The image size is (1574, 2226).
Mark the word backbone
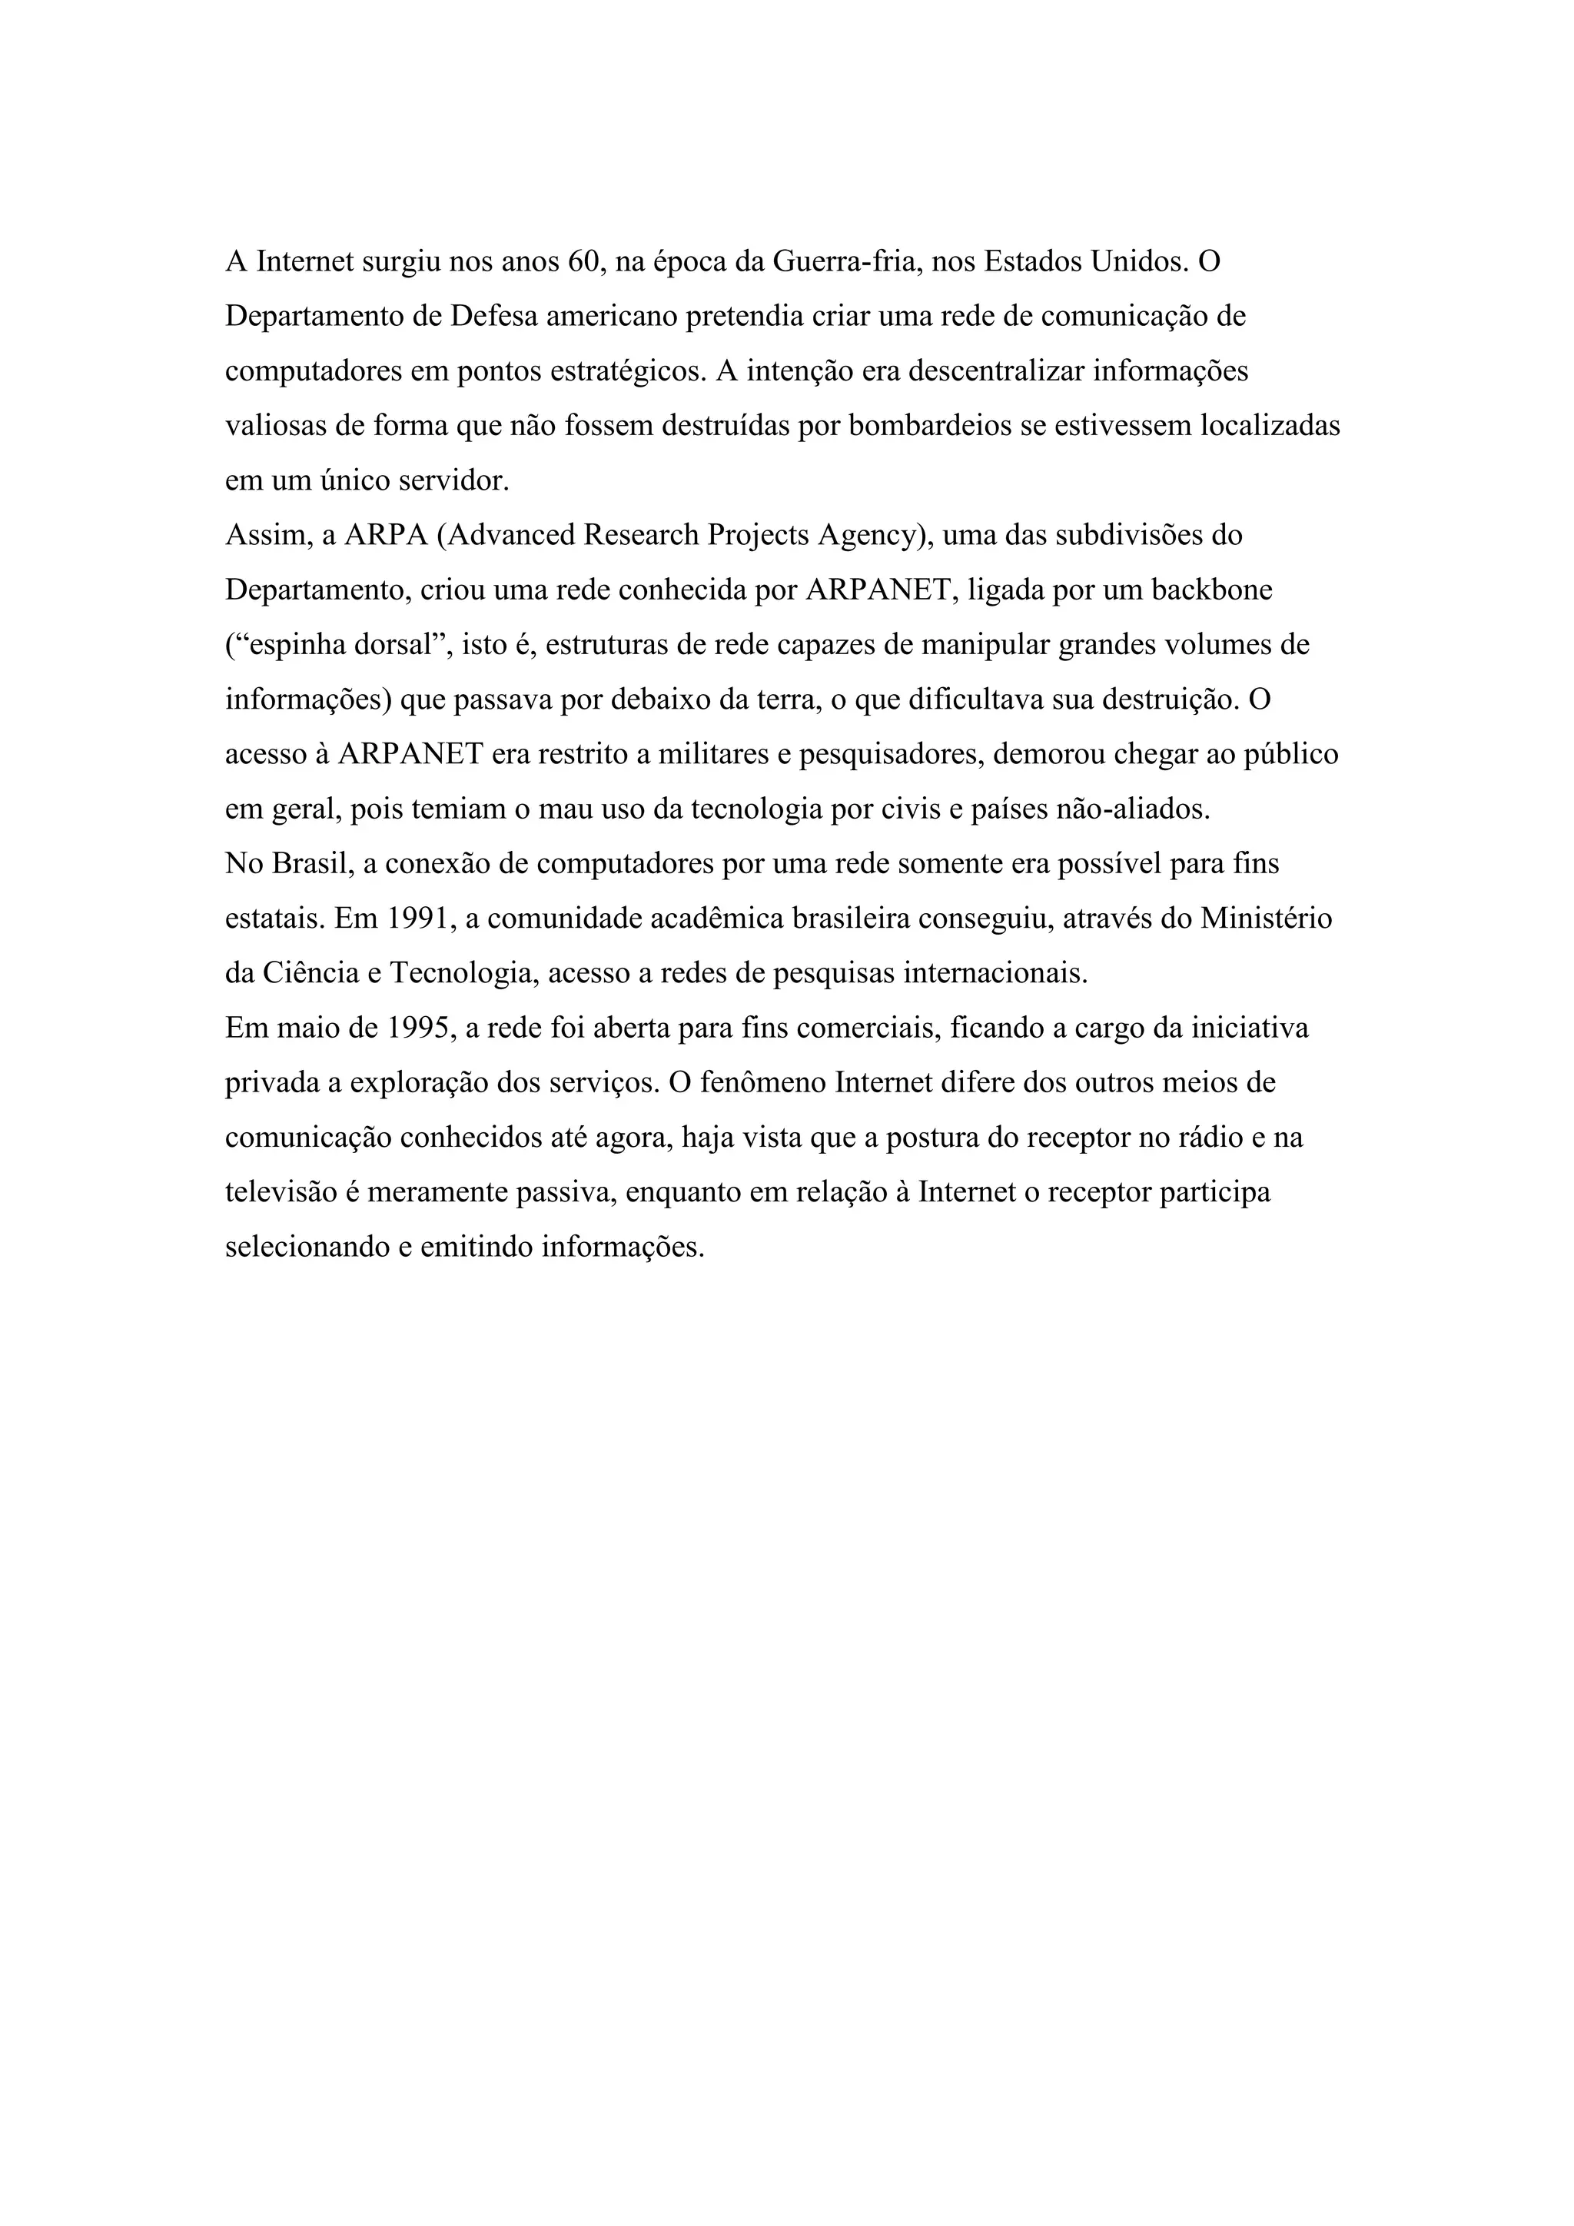click(1211, 590)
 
